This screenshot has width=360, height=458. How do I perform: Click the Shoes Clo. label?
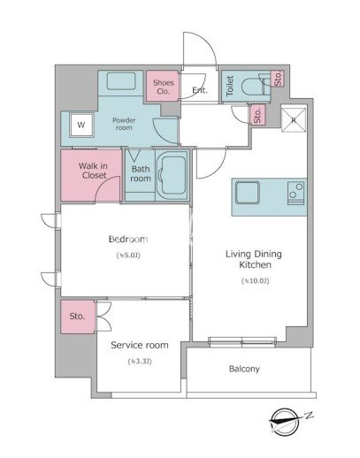[163, 87]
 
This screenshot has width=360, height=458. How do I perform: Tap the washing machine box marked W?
[81, 125]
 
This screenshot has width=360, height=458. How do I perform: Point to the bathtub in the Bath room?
[172, 175]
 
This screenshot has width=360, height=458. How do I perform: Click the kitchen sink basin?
[248, 192]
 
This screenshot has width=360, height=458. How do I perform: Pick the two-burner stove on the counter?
[295, 193]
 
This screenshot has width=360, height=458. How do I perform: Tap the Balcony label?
[244, 369]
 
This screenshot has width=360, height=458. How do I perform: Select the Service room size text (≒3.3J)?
[140, 361]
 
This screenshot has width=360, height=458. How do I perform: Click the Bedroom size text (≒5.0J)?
[128, 255]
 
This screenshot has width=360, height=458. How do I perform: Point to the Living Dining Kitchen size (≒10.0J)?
[255, 281]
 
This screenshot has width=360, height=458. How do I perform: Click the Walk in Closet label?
[93, 171]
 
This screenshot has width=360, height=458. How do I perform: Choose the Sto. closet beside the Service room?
[78, 317]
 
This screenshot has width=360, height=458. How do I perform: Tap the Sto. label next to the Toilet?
[278, 79]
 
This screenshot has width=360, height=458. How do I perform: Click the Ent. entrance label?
[200, 90]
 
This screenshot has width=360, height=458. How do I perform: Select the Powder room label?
[124, 124]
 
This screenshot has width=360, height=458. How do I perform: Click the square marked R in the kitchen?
[294, 120]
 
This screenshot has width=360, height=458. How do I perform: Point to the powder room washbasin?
[121, 80]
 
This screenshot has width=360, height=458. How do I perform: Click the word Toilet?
[230, 86]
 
